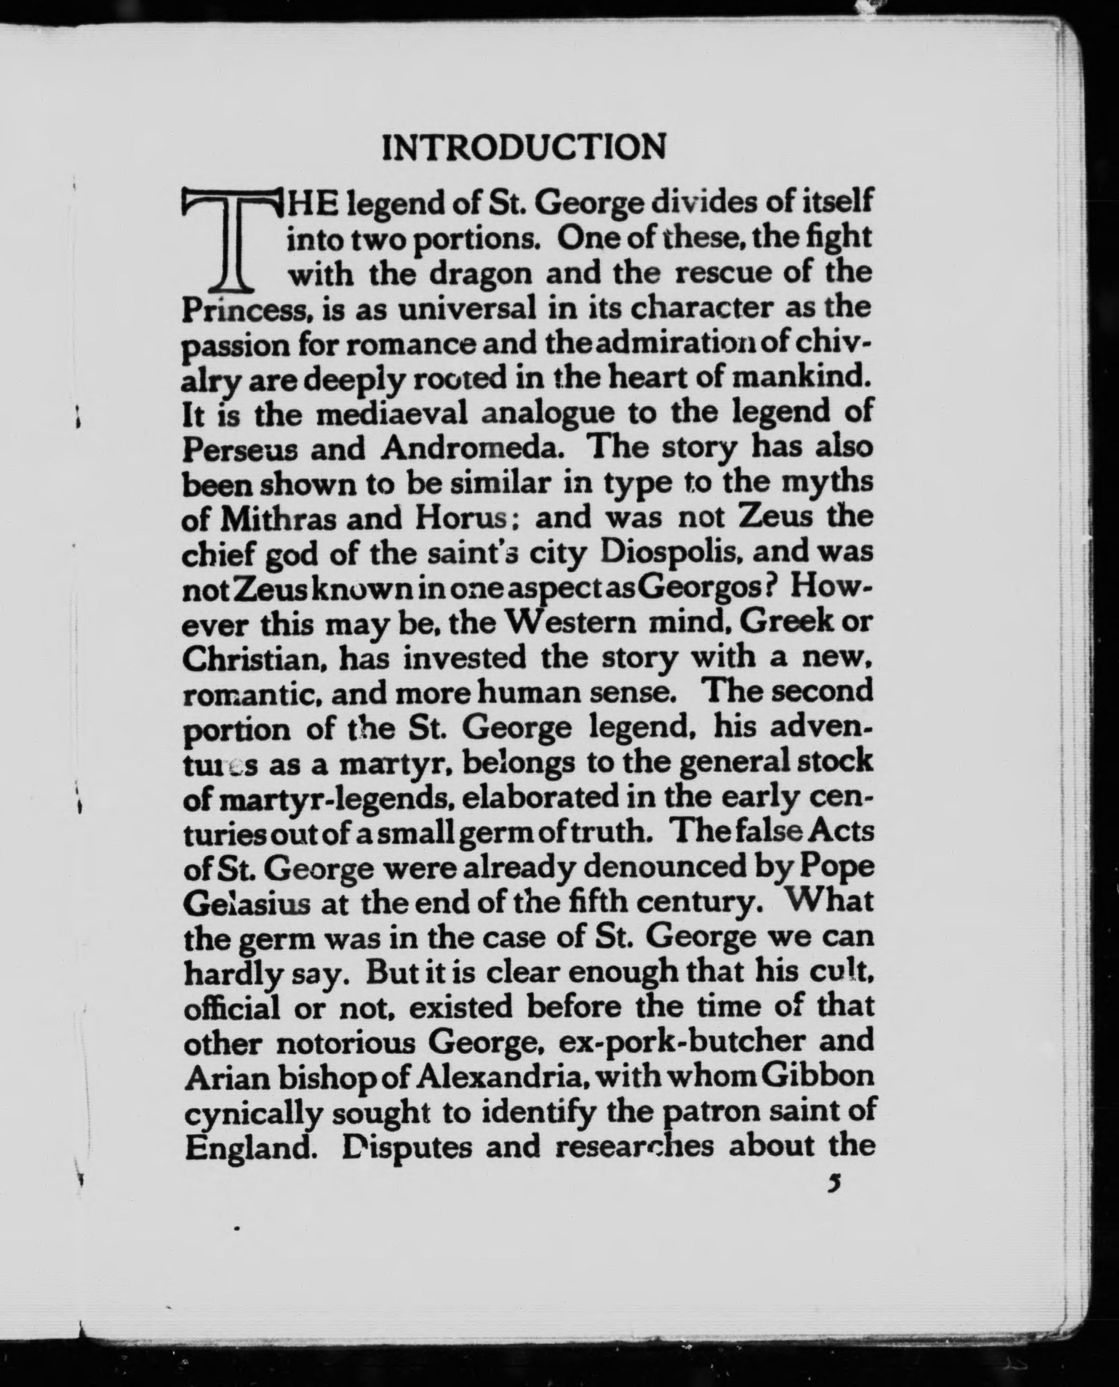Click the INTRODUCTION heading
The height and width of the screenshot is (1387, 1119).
click(523, 148)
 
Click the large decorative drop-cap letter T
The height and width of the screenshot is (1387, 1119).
click(230, 238)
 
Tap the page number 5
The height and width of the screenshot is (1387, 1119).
click(836, 1183)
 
